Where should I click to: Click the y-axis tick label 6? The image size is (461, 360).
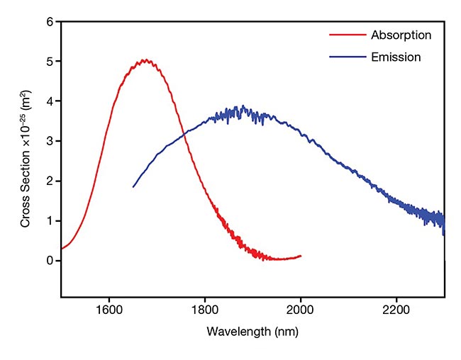pos(50,22)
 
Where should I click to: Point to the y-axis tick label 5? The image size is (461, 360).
pos(50,62)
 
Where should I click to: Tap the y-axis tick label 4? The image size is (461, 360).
pos(50,101)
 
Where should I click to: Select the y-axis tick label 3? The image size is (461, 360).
pos(50,141)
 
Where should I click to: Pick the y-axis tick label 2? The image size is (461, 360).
pos(50,181)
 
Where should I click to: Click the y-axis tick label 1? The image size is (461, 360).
pos(50,220)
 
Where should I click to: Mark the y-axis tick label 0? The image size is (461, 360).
pos(50,260)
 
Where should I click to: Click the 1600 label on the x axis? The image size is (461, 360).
pos(109,309)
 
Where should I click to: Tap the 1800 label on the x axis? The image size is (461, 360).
pos(205,309)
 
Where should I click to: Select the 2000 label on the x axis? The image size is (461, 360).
pos(301,309)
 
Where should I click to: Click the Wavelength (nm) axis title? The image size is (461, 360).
pos(252,331)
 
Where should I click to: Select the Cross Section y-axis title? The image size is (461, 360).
pos(26,159)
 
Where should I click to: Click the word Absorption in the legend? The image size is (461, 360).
pos(401,34)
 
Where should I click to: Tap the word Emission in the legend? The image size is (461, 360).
pos(396,57)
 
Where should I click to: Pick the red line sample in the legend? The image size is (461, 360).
pos(345,34)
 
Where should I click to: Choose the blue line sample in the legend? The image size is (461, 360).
pos(345,57)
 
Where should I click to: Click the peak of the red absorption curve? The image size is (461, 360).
pos(145,60)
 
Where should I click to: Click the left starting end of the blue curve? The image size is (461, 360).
pos(133,186)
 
